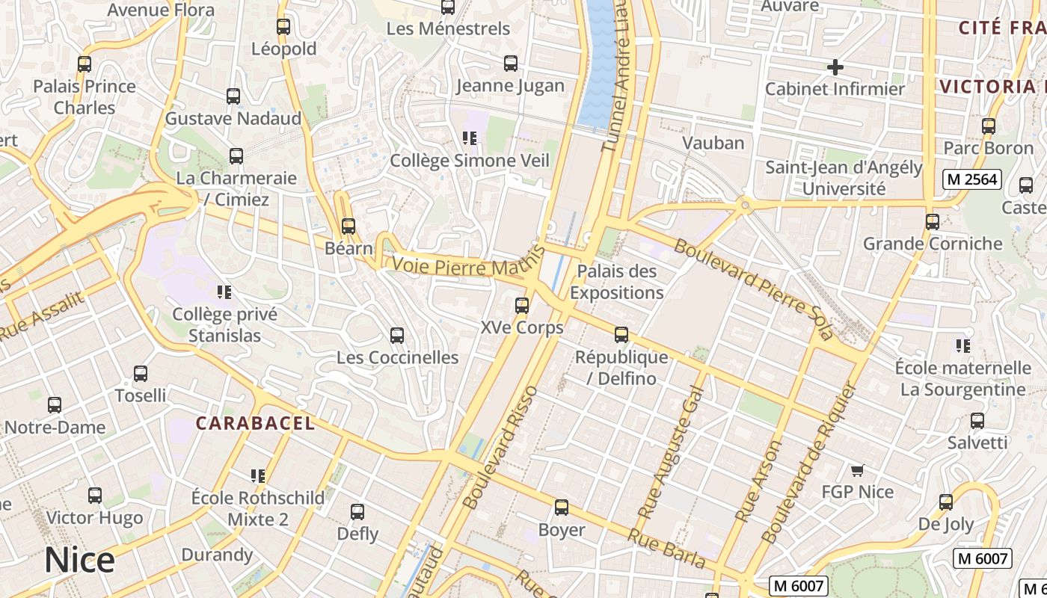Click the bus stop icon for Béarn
pyautogui.click(x=349, y=226)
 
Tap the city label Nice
pyautogui.click(x=79, y=560)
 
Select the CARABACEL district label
pyautogui.click(x=255, y=423)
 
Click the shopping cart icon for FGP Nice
pyautogui.click(x=858, y=470)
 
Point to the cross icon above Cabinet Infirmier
pyautogui.click(x=835, y=67)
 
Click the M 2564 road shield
pyautogui.click(x=971, y=179)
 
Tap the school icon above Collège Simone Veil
pyautogui.click(x=470, y=138)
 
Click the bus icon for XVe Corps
pyautogui.click(x=522, y=306)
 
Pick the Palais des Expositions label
pyautogui.click(x=616, y=282)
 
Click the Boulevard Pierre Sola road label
pyautogui.click(x=753, y=289)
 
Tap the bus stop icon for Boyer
pyautogui.click(x=562, y=508)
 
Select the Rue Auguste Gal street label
pyautogui.click(x=671, y=452)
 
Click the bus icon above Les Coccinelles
pyautogui.click(x=397, y=336)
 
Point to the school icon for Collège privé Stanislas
pyautogui.click(x=224, y=292)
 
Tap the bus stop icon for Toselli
pyautogui.click(x=141, y=374)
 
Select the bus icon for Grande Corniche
pyautogui.click(x=933, y=222)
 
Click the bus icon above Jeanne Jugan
pyautogui.click(x=511, y=64)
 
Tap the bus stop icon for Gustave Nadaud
pyautogui.click(x=233, y=96)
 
